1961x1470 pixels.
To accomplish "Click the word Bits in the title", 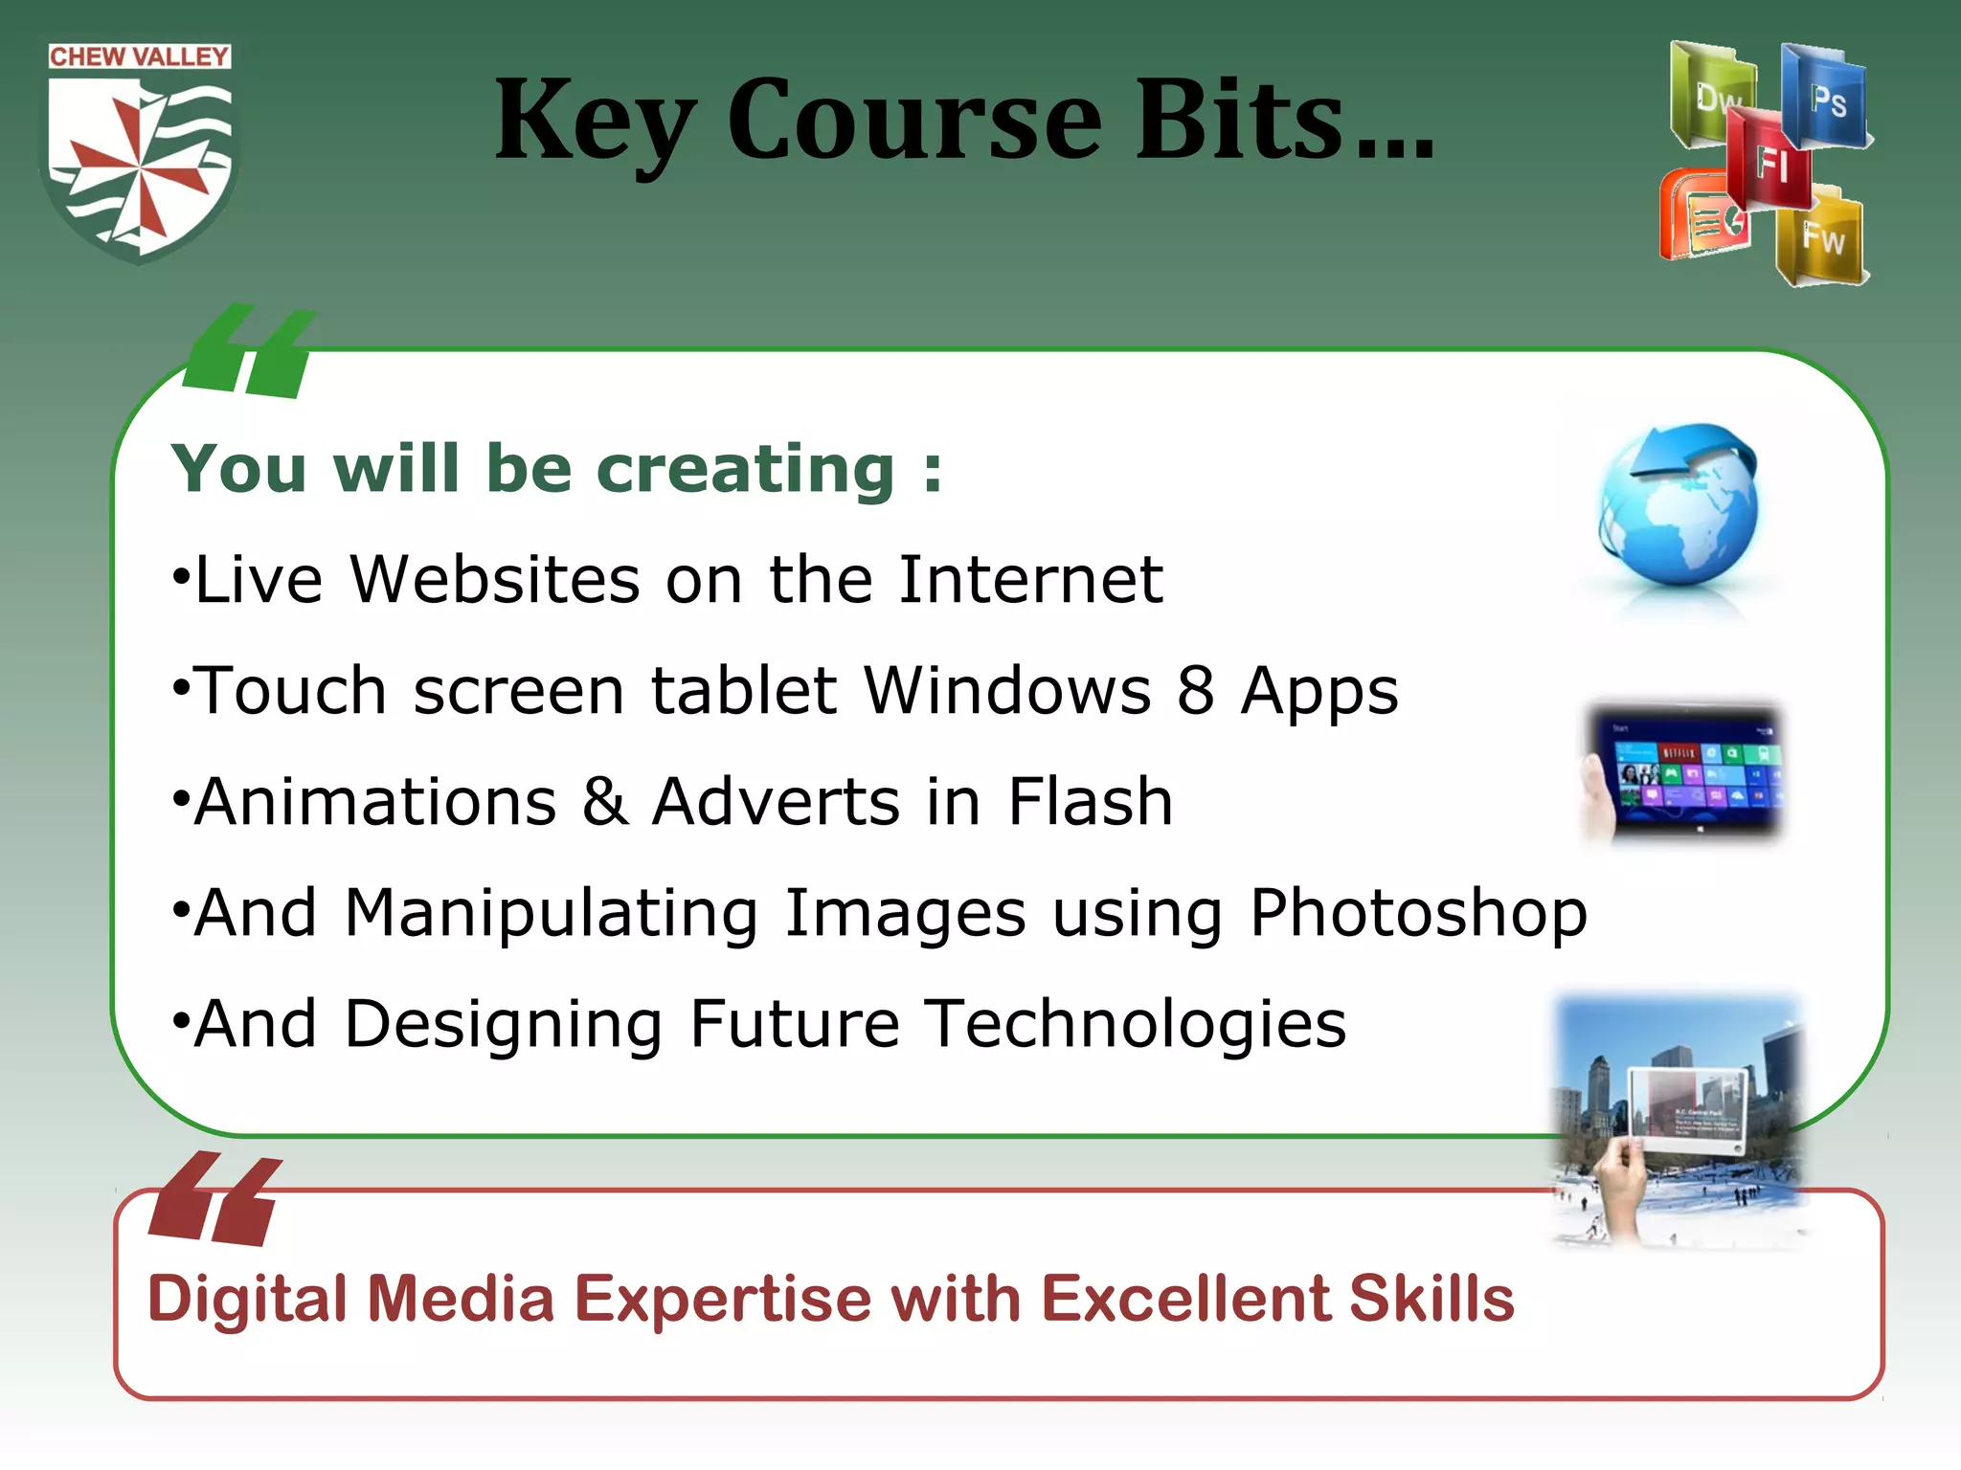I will click(1240, 121).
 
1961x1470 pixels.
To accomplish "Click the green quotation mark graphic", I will click(250, 351).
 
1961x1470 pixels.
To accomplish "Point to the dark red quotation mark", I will click(215, 1199).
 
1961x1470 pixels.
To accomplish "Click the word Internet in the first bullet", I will click(1030, 580).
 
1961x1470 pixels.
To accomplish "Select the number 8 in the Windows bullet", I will click(1195, 690).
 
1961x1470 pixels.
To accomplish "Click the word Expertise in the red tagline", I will click(722, 1300).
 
